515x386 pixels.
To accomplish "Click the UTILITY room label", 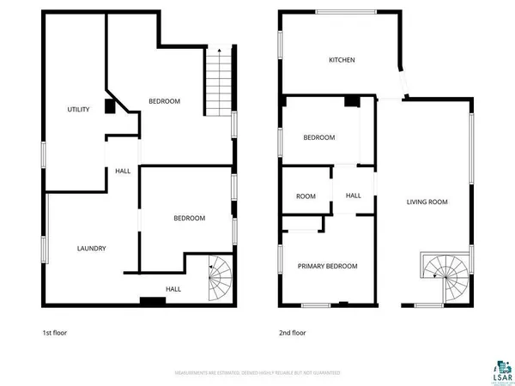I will click(x=79, y=109).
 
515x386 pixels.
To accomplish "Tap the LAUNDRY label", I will click(x=91, y=249).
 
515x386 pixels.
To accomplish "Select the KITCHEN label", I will click(x=342, y=60).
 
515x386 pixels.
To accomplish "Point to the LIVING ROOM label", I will click(x=427, y=202).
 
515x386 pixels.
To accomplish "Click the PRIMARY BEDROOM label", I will click(x=327, y=266).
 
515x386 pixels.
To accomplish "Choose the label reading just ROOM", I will click(x=306, y=196).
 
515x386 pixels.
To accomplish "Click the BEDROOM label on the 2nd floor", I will click(x=318, y=137).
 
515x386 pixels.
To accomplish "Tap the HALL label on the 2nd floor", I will click(x=354, y=196).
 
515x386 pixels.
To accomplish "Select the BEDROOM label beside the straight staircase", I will click(x=164, y=101).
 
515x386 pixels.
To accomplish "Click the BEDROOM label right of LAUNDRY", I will click(x=190, y=218).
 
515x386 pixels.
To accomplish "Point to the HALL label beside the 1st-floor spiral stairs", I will click(x=173, y=289).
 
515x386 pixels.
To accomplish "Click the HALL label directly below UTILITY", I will click(x=123, y=172).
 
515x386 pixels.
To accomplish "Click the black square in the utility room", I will click(x=109, y=106).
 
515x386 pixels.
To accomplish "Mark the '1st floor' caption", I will click(x=55, y=333).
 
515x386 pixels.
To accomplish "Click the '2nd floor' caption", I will click(x=292, y=333).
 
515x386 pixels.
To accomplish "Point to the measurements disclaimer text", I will click(x=257, y=373).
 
